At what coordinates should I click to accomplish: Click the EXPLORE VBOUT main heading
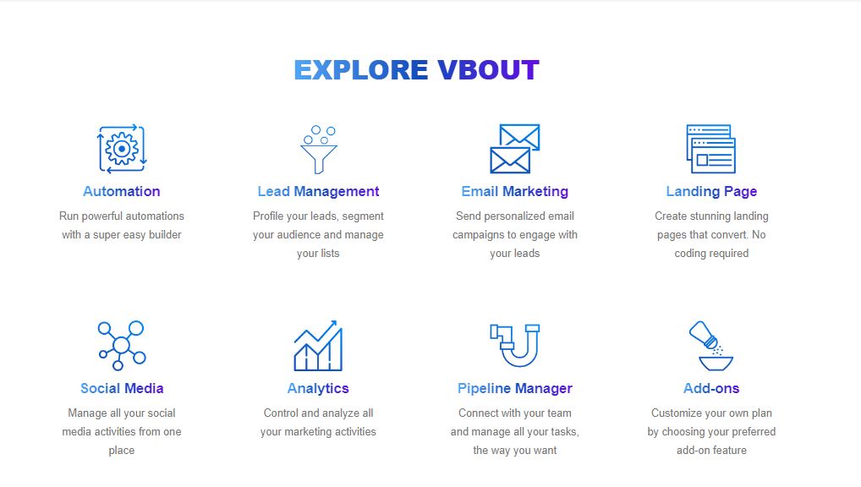click(x=417, y=69)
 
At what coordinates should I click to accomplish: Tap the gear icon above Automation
click(x=122, y=149)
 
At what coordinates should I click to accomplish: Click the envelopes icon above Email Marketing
click(x=515, y=149)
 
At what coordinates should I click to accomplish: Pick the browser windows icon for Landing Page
click(x=711, y=149)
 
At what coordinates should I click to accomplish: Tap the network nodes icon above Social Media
click(x=122, y=345)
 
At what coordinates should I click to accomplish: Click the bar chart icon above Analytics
click(x=319, y=345)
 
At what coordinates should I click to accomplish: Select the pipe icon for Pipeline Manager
click(x=515, y=345)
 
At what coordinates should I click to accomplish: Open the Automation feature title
click(x=122, y=191)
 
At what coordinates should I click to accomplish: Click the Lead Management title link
click(x=319, y=191)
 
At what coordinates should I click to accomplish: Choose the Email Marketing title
click(x=515, y=191)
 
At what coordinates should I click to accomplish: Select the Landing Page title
click(x=711, y=191)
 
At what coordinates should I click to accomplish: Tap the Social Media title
click(x=122, y=388)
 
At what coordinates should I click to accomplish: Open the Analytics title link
click(x=319, y=388)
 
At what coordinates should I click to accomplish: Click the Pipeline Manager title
click(x=515, y=388)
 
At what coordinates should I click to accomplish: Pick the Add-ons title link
click(x=711, y=388)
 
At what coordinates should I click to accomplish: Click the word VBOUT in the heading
click(x=488, y=69)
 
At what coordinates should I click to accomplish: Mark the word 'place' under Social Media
click(x=121, y=450)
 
